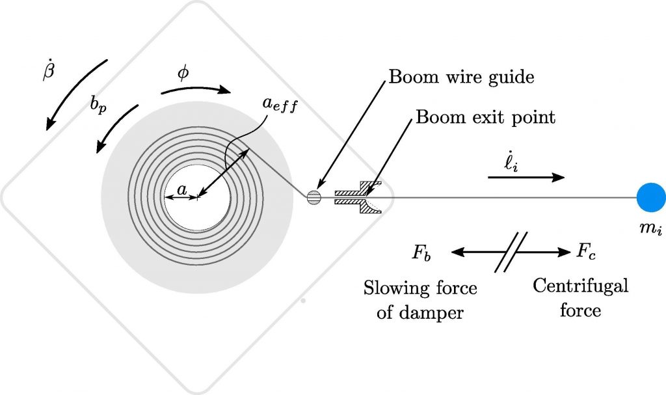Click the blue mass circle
(x=650, y=197)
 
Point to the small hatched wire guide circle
(x=314, y=197)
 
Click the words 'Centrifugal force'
(x=581, y=298)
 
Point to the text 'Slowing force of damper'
(x=420, y=300)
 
